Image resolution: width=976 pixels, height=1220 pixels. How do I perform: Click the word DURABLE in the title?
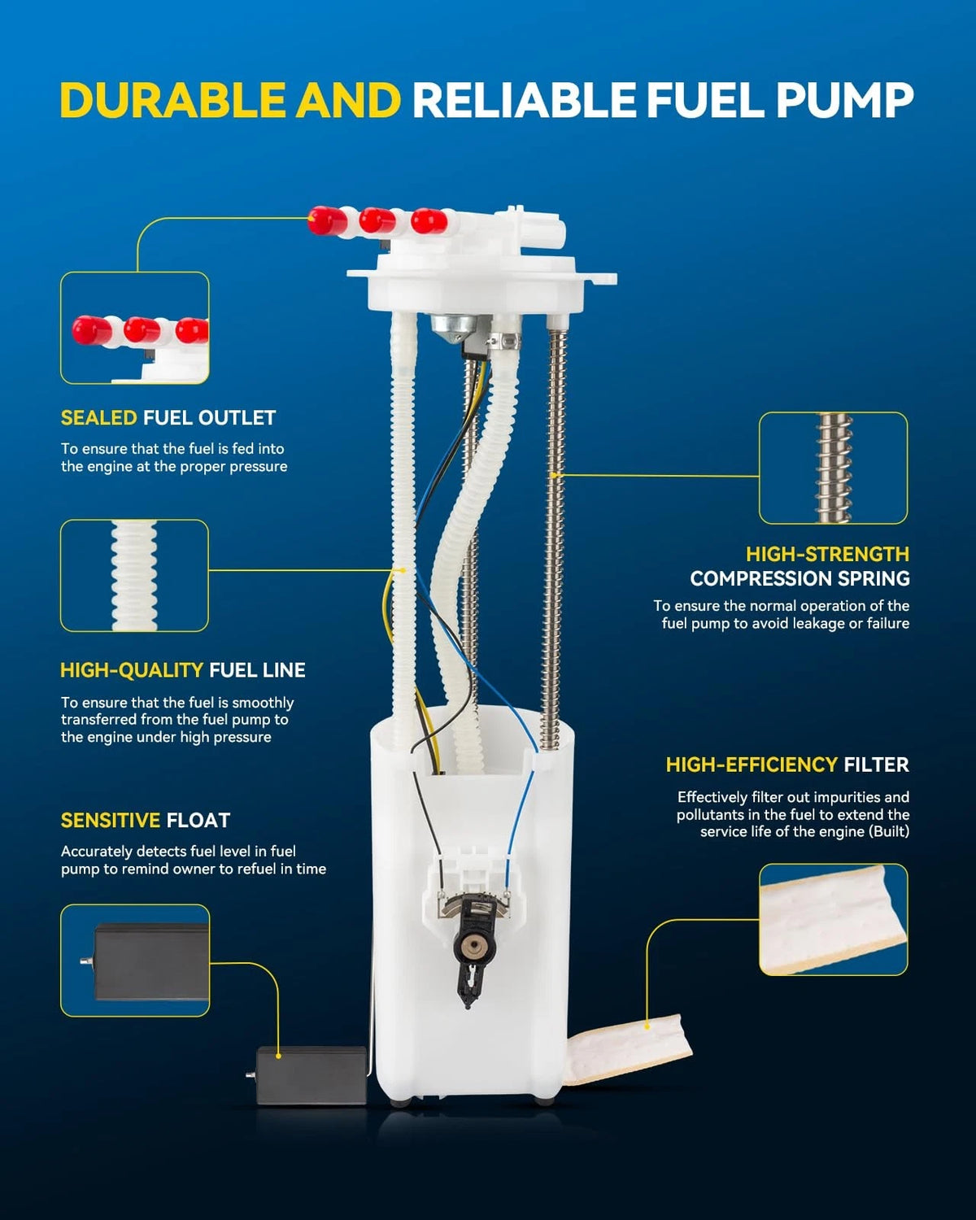pyautogui.click(x=173, y=100)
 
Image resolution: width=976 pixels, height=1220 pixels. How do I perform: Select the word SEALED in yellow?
pyautogui.click(x=98, y=418)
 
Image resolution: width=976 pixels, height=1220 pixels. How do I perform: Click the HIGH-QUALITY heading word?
pyautogui.click(x=132, y=670)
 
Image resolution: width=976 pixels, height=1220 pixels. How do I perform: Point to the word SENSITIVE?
pyautogui.click(x=111, y=821)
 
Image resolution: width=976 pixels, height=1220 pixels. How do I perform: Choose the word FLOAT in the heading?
pyautogui.click(x=198, y=821)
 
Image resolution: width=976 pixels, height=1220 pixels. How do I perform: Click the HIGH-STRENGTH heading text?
pyautogui.click(x=827, y=554)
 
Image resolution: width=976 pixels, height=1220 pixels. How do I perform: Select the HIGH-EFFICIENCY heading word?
pyautogui.click(x=752, y=765)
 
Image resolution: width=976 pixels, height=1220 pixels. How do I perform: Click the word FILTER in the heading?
pyautogui.click(x=876, y=765)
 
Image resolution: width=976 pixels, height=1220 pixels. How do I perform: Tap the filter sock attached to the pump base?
pyautogui.click(x=628, y=1049)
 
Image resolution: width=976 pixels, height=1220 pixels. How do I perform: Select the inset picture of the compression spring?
pyautogui.click(x=833, y=468)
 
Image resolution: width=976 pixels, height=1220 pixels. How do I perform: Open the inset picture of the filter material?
pyautogui.click(x=833, y=920)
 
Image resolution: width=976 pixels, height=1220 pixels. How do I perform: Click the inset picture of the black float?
pyautogui.click(x=135, y=961)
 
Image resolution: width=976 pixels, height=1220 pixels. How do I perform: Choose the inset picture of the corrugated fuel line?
pyautogui.click(x=134, y=575)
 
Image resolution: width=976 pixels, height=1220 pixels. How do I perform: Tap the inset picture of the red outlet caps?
pyautogui.click(x=134, y=328)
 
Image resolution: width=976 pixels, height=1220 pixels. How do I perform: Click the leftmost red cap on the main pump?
pyautogui.click(x=327, y=221)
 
